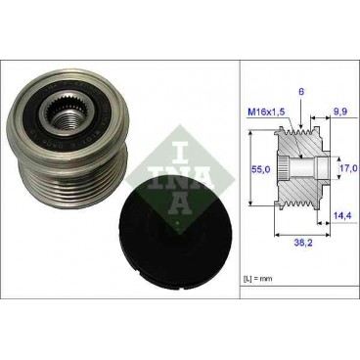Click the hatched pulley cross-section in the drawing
[x=304, y=147]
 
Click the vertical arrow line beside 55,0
[x=252, y=168]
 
